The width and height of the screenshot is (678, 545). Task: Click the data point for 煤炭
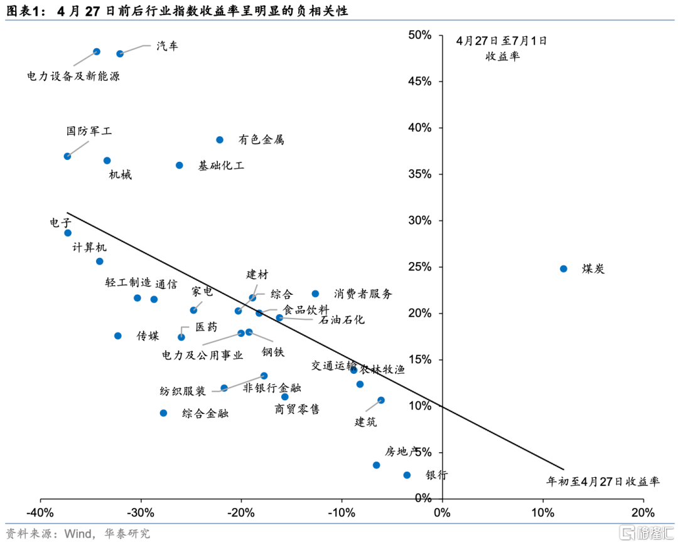tap(563, 268)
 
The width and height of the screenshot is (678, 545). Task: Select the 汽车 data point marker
tap(120, 54)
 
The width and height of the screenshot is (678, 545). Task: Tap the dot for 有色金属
tap(220, 140)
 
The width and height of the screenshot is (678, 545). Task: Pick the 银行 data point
tap(407, 475)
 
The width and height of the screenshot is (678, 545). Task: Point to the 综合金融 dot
tap(163, 413)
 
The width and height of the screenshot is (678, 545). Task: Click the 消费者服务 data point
tap(315, 294)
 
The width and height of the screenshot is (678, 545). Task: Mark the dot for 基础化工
tap(179, 166)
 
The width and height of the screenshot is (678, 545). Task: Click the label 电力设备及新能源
tap(73, 77)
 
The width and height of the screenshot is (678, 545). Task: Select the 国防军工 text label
tap(89, 132)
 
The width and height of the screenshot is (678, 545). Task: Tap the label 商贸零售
tap(297, 410)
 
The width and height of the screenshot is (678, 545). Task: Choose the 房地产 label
tap(402, 452)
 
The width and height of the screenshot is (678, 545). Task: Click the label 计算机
tap(90, 248)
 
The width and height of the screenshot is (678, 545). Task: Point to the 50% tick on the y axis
tap(419, 35)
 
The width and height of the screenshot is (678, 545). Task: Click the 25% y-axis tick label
tap(419, 267)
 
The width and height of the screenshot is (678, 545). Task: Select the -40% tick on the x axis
tap(41, 512)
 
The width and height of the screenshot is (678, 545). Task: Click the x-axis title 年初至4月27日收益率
tap(603, 482)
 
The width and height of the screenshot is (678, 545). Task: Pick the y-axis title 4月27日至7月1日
tap(502, 41)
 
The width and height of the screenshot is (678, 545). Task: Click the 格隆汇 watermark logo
tap(646, 533)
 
